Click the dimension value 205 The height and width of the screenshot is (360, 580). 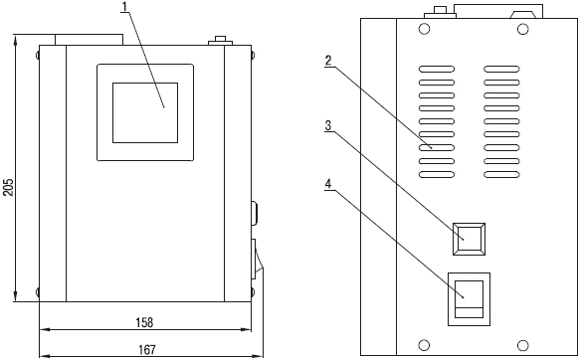[9, 187]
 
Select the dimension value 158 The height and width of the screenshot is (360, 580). [144, 322]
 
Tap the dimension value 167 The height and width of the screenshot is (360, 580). [147, 350]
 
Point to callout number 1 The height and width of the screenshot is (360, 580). [125, 6]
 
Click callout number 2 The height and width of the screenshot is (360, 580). [328, 61]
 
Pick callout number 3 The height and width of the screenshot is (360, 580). [328, 125]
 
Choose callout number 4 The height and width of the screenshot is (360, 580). [328, 184]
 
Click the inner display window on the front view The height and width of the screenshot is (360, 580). [145, 112]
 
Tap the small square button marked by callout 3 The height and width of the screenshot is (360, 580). [469, 239]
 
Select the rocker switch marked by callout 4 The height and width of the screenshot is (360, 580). [469, 299]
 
